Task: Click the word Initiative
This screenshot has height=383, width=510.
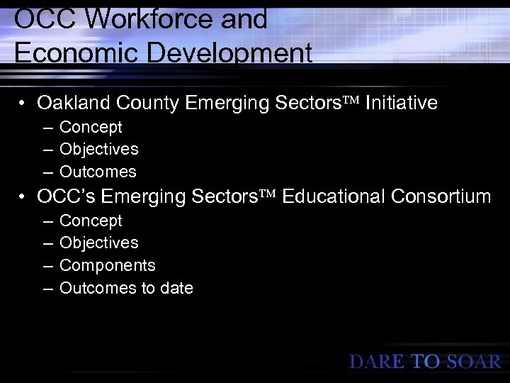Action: [402, 104]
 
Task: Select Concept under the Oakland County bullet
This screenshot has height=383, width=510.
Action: [91, 127]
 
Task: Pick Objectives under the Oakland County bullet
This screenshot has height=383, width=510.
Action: [99, 149]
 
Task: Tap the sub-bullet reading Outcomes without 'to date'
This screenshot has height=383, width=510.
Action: [98, 172]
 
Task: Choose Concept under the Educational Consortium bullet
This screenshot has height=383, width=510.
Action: [91, 221]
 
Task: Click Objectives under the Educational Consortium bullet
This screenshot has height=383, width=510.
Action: [99, 243]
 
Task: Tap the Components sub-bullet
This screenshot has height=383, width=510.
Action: [108, 265]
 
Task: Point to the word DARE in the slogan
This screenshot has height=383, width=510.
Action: [378, 362]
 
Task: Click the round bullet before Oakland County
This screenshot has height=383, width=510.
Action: [23, 104]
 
